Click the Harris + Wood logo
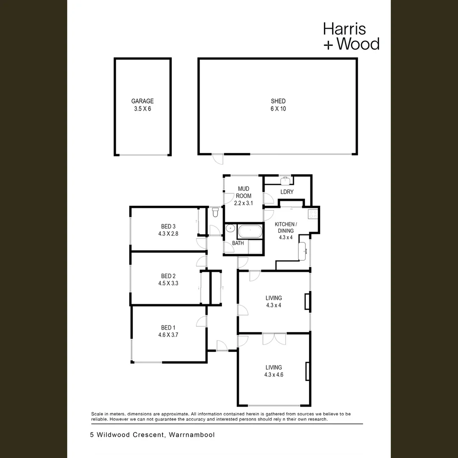click(352, 36)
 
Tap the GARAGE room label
click(142, 101)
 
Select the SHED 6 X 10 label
click(278, 105)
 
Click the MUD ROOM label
click(243, 192)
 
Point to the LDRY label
click(287, 192)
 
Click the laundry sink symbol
click(285, 181)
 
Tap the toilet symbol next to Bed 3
click(215, 212)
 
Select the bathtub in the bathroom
click(250, 232)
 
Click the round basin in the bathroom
click(230, 228)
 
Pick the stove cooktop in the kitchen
click(313, 215)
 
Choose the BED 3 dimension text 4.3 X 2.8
click(168, 234)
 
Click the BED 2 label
click(168, 276)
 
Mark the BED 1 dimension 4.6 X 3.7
click(168, 335)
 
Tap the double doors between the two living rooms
click(274, 339)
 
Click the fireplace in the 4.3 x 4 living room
click(307, 301)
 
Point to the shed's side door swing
click(218, 159)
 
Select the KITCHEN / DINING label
click(286, 227)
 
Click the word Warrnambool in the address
click(192, 435)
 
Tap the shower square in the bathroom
click(255, 247)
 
